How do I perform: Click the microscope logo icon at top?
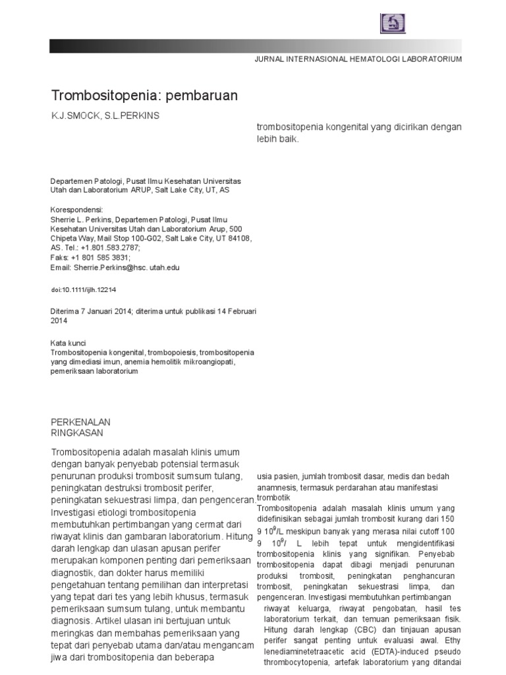coord(393,22)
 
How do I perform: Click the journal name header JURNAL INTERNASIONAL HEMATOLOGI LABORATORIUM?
coord(358,59)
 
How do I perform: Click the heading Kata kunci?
coord(69,343)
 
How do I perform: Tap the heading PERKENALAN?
coord(80,422)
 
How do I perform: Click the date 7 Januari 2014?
coord(105,311)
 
